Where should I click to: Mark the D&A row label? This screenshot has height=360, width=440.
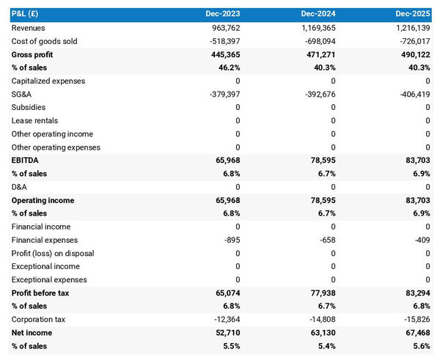(19, 187)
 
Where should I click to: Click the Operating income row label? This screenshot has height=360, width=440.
(43, 200)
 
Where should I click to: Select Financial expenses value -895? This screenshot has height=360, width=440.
(230, 240)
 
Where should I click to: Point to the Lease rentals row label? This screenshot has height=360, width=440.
(34, 120)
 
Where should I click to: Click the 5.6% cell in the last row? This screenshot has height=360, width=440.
(419, 345)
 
